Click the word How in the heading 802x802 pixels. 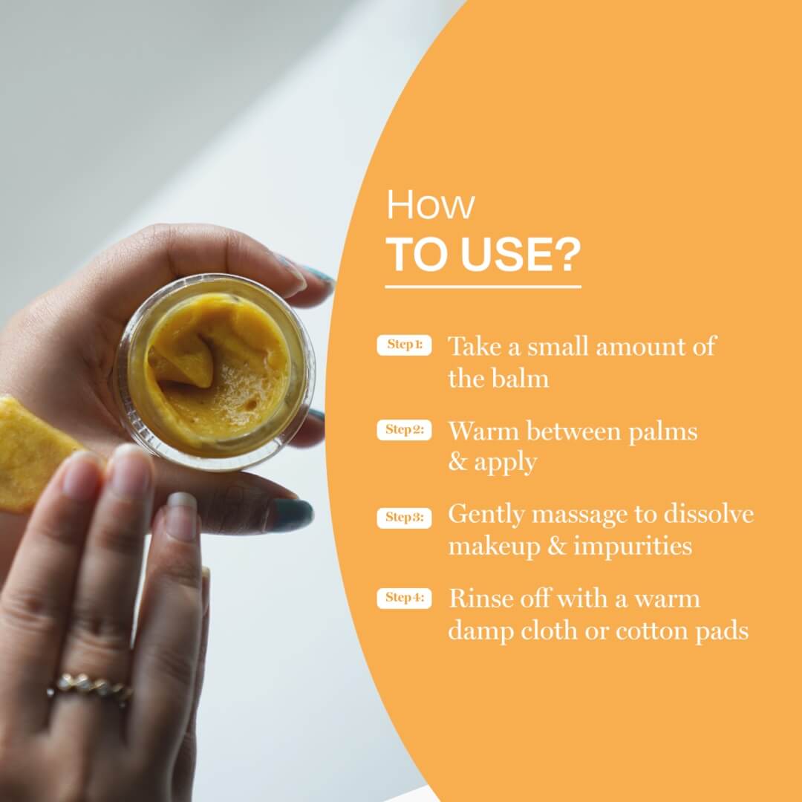tap(430, 205)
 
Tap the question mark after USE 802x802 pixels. tap(567, 254)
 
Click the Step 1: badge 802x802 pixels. tap(404, 345)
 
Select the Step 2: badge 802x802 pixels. tap(404, 430)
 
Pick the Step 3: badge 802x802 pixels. tap(404, 518)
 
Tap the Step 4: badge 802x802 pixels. tap(404, 598)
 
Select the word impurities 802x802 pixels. tap(633, 547)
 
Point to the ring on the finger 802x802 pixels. tap(90, 687)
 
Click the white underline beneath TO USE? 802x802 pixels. tap(483, 287)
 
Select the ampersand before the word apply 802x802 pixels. tap(457, 461)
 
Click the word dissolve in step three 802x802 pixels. tap(709, 514)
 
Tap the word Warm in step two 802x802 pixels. tap(483, 431)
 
